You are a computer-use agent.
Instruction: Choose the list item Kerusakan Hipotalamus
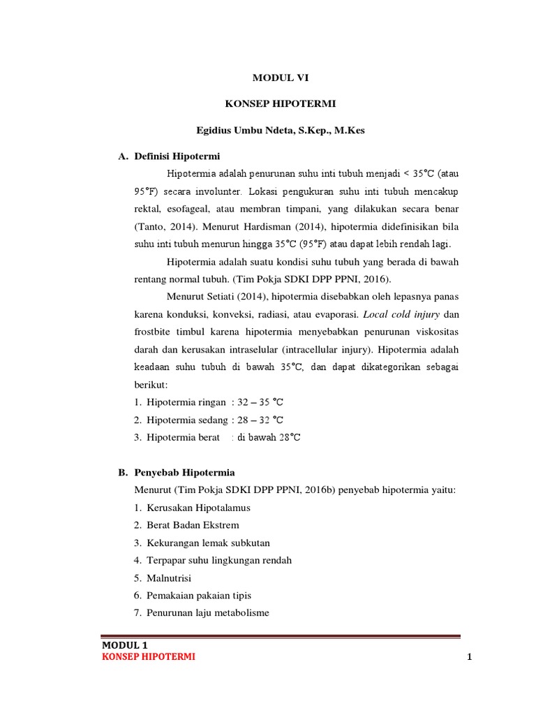point(198,508)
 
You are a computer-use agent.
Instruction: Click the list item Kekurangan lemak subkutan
point(208,543)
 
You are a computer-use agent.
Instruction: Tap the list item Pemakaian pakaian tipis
point(199,596)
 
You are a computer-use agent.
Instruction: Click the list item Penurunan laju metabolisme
point(208,613)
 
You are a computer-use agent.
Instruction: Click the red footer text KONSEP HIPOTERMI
point(149,658)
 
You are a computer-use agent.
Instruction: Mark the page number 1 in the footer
point(461,658)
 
